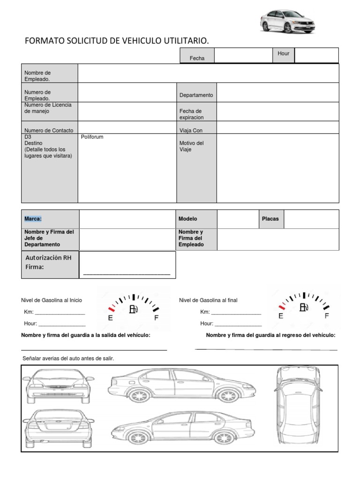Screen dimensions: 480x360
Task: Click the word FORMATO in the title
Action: [x=44, y=42]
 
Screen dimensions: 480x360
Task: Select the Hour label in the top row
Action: [x=283, y=53]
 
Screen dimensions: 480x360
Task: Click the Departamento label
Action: [x=196, y=95]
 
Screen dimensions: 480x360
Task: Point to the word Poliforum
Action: [x=92, y=137]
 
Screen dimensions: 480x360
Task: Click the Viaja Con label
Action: [x=191, y=131]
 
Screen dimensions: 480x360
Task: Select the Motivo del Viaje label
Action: [x=191, y=146]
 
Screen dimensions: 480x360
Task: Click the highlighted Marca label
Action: [x=33, y=219]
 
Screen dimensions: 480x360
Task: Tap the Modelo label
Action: [x=187, y=219]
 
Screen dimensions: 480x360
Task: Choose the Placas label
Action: [x=270, y=219]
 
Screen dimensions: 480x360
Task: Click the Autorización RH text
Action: [x=48, y=258]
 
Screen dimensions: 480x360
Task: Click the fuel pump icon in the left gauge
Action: [x=133, y=309]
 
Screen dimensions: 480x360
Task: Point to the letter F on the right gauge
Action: [x=327, y=316]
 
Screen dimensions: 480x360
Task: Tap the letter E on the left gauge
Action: [x=110, y=318]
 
